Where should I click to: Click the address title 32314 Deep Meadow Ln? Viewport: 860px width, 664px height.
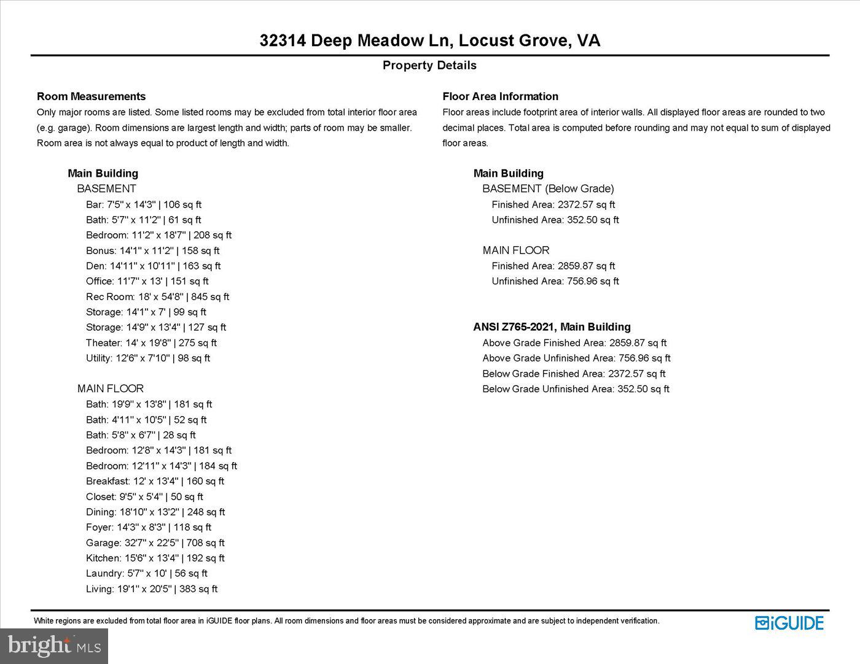[x=429, y=41]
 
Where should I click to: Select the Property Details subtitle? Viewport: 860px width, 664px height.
[x=429, y=65]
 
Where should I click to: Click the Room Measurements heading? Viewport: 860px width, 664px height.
[x=91, y=96]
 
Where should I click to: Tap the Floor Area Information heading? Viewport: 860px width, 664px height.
[x=500, y=96]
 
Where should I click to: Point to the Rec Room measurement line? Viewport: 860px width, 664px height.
[x=157, y=297]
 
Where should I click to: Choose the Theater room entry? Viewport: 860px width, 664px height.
[x=151, y=343]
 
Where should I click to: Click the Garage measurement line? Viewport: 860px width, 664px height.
[x=155, y=543]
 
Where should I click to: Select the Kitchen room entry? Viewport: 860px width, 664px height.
[x=155, y=558]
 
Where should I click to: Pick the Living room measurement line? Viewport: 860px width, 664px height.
[x=152, y=589]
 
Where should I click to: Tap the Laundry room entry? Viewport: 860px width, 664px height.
[x=146, y=574]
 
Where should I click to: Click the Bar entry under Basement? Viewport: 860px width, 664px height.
[x=143, y=205]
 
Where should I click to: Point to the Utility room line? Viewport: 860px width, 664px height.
[x=147, y=358]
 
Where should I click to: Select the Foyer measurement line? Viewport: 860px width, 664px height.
[x=148, y=528]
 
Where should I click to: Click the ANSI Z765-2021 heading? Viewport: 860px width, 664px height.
[x=552, y=327]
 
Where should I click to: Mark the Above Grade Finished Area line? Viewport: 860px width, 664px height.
[x=574, y=343]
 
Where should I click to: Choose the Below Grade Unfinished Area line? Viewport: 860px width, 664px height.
[x=576, y=389]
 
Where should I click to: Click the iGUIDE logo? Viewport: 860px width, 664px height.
[x=789, y=623]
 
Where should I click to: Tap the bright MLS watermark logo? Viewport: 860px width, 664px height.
[x=54, y=646]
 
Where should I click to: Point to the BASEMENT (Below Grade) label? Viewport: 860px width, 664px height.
[x=548, y=189]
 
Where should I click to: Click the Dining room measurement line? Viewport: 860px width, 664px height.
[x=155, y=512]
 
